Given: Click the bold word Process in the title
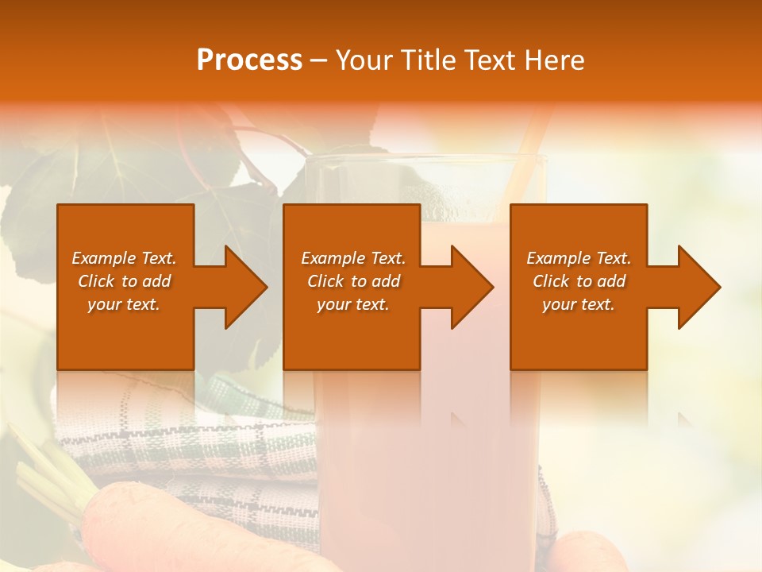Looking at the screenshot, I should pyautogui.click(x=249, y=60).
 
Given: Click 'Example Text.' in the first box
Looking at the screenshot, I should pyautogui.click(x=124, y=258).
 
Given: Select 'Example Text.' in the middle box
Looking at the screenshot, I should pyautogui.click(x=353, y=258).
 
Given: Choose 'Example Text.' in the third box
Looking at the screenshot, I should pyautogui.click(x=579, y=258).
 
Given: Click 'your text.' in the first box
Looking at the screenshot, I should pyautogui.click(x=124, y=304).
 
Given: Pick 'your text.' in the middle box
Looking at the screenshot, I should pyautogui.click(x=353, y=304).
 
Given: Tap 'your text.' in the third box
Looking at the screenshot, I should pyautogui.click(x=579, y=304).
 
